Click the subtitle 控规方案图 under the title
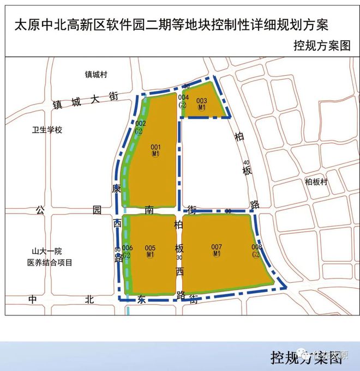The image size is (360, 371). pyautogui.click(x=320, y=46)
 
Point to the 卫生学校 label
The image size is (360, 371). pyautogui.click(x=48, y=130)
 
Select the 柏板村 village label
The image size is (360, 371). pyautogui.click(x=316, y=182)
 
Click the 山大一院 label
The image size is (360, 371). pyautogui.click(x=47, y=252)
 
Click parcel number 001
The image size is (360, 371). pyautogui.click(x=156, y=147)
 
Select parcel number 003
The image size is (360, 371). pyautogui.click(x=202, y=101)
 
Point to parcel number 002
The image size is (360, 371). pyautogui.click(x=140, y=124)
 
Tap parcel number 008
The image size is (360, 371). pyautogui.click(x=256, y=247)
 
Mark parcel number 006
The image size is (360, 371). pyautogui.click(x=128, y=248)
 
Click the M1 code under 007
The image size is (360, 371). pyautogui.click(x=217, y=254)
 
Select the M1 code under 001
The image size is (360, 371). pyautogui.click(x=156, y=154)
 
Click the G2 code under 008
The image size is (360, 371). pyautogui.click(x=256, y=254)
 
